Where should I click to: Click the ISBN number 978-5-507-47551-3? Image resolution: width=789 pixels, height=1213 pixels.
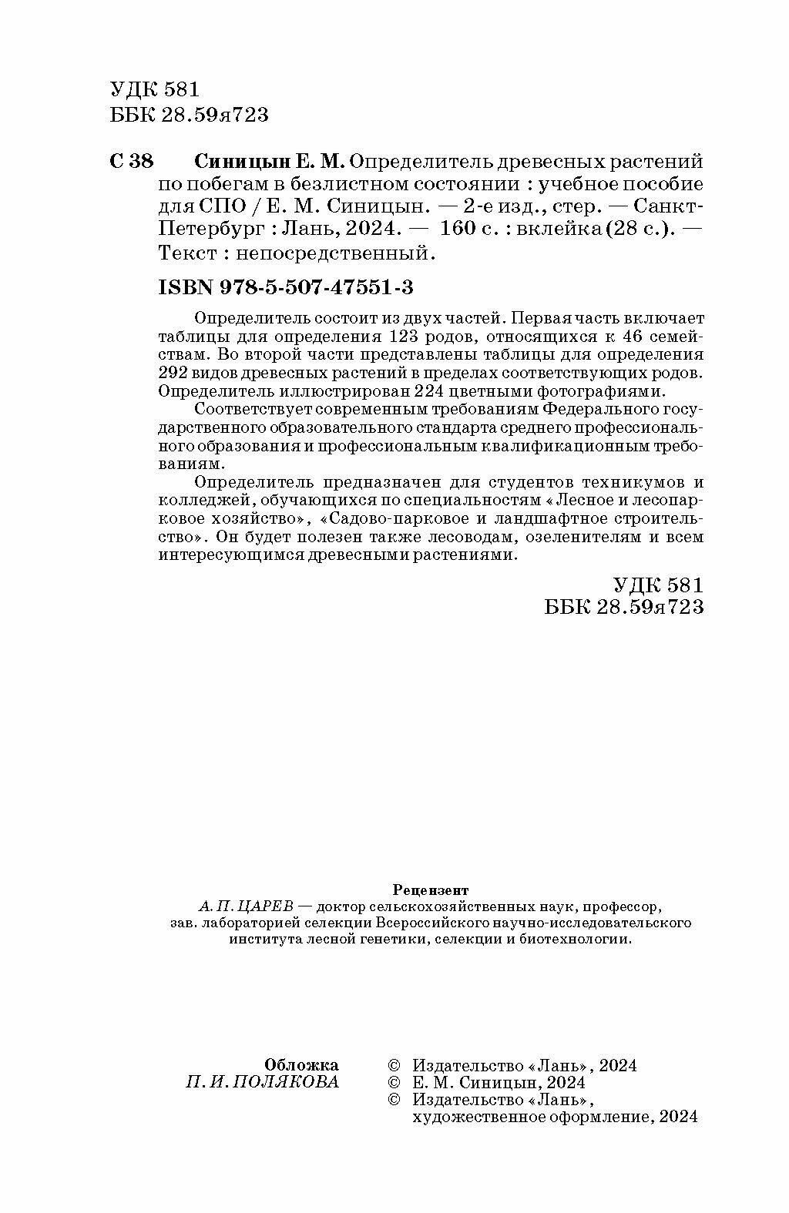coord(285,287)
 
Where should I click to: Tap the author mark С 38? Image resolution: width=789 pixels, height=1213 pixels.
coord(133,162)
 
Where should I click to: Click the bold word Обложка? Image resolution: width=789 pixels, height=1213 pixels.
coord(301,1065)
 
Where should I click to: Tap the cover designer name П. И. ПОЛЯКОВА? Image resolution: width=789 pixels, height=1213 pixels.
coord(263,1082)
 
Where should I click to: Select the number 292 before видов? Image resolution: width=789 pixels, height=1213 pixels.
coord(175,374)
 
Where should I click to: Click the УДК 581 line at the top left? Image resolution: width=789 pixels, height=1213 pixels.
coord(155,90)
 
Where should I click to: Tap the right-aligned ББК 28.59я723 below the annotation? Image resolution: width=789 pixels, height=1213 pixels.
coord(624,607)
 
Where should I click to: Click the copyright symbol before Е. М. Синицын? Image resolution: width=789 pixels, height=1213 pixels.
coord(394,1083)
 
